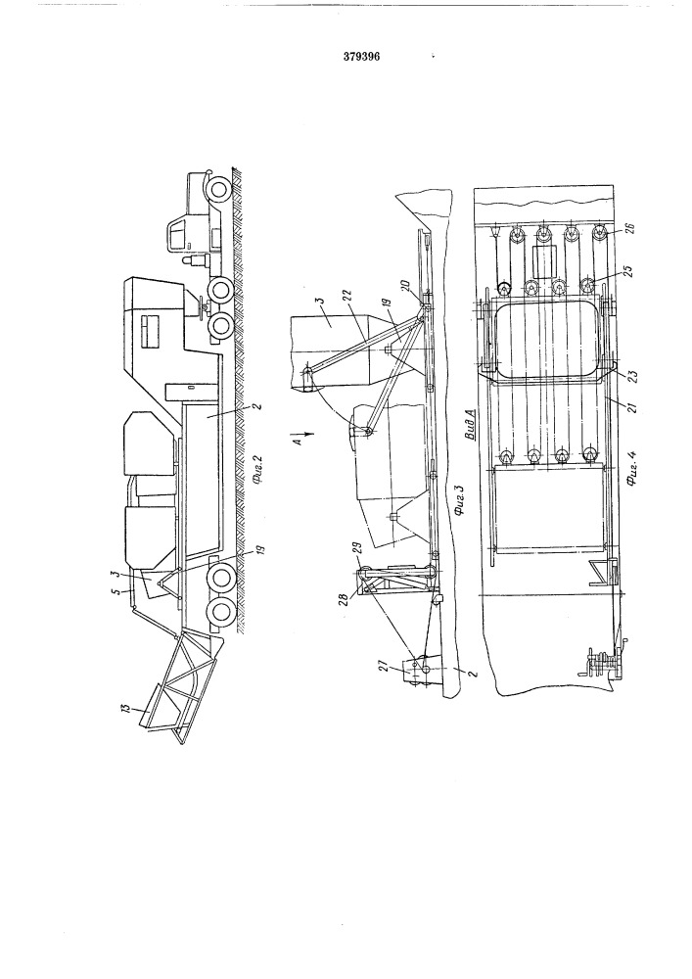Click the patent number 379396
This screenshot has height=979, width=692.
coord(361,56)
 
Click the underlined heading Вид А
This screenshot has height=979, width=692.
coord(472,423)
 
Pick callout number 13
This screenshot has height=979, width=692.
coord(128,711)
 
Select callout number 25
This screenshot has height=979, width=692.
coord(627,271)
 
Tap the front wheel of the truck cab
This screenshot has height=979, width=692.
coord(218,189)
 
